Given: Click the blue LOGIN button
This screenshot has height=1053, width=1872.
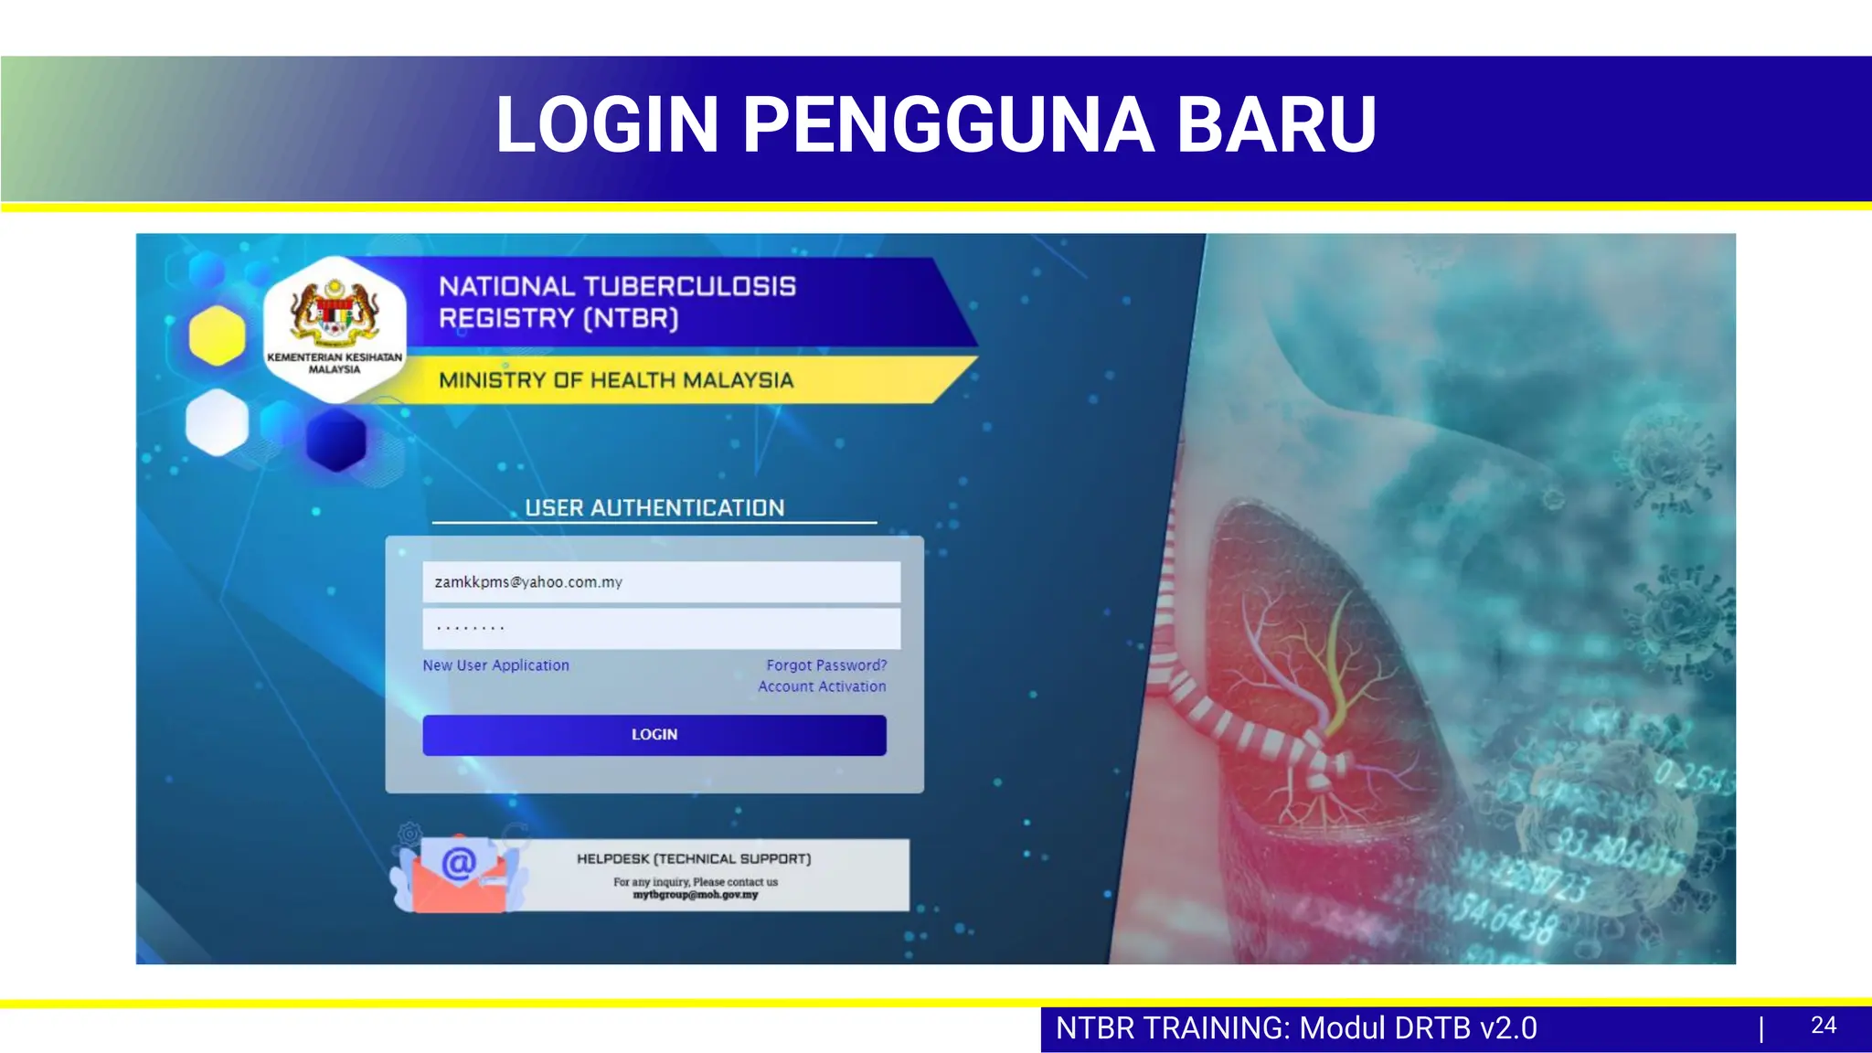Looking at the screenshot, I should [x=654, y=735].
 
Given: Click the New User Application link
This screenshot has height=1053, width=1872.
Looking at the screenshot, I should [x=495, y=665].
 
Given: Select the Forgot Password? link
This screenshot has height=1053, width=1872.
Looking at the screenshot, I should [x=826, y=665].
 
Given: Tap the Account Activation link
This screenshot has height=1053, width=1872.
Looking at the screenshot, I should [x=822, y=686].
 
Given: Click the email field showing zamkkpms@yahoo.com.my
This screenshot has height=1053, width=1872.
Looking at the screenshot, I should [x=661, y=582].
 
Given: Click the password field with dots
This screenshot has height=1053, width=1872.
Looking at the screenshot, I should [x=661, y=628].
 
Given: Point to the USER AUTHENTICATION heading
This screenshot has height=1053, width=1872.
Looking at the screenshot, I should [x=654, y=508].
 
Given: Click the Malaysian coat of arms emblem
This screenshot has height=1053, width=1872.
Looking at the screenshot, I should [x=335, y=311].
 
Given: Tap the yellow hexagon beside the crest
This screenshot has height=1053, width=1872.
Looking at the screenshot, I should [x=217, y=335].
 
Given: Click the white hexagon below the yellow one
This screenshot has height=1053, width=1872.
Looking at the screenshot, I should [x=217, y=422].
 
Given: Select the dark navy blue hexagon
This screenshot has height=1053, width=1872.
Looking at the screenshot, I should [x=336, y=440].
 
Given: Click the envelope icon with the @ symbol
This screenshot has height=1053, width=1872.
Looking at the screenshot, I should [x=460, y=874].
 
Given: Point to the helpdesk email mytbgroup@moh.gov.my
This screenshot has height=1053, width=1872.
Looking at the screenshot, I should [x=696, y=895].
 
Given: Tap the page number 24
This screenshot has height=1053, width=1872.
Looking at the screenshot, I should [x=1823, y=1026].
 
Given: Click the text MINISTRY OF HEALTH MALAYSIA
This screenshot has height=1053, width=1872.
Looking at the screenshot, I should [x=616, y=380].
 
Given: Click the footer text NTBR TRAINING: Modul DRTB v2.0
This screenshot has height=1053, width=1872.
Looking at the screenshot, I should [x=1296, y=1028].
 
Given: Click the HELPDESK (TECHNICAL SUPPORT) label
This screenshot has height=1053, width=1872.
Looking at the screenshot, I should [x=694, y=859].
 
